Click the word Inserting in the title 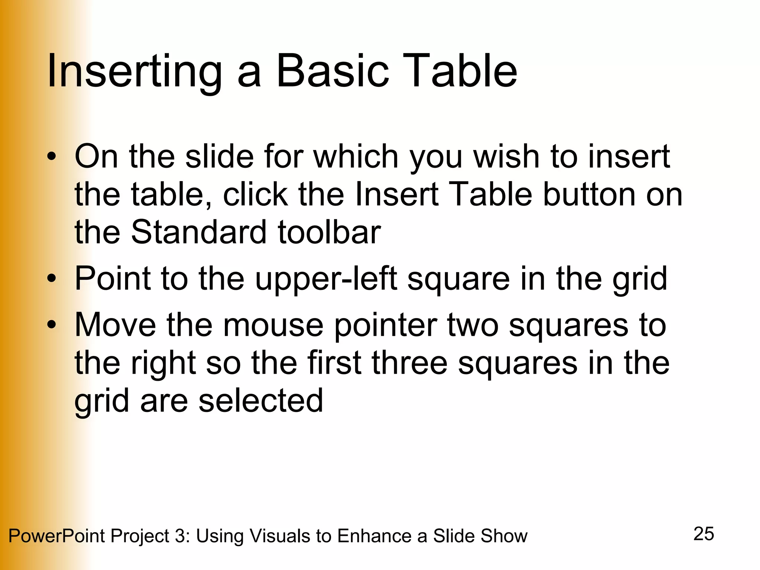click(134, 71)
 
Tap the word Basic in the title click(332, 71)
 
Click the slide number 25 click(704, 534)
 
